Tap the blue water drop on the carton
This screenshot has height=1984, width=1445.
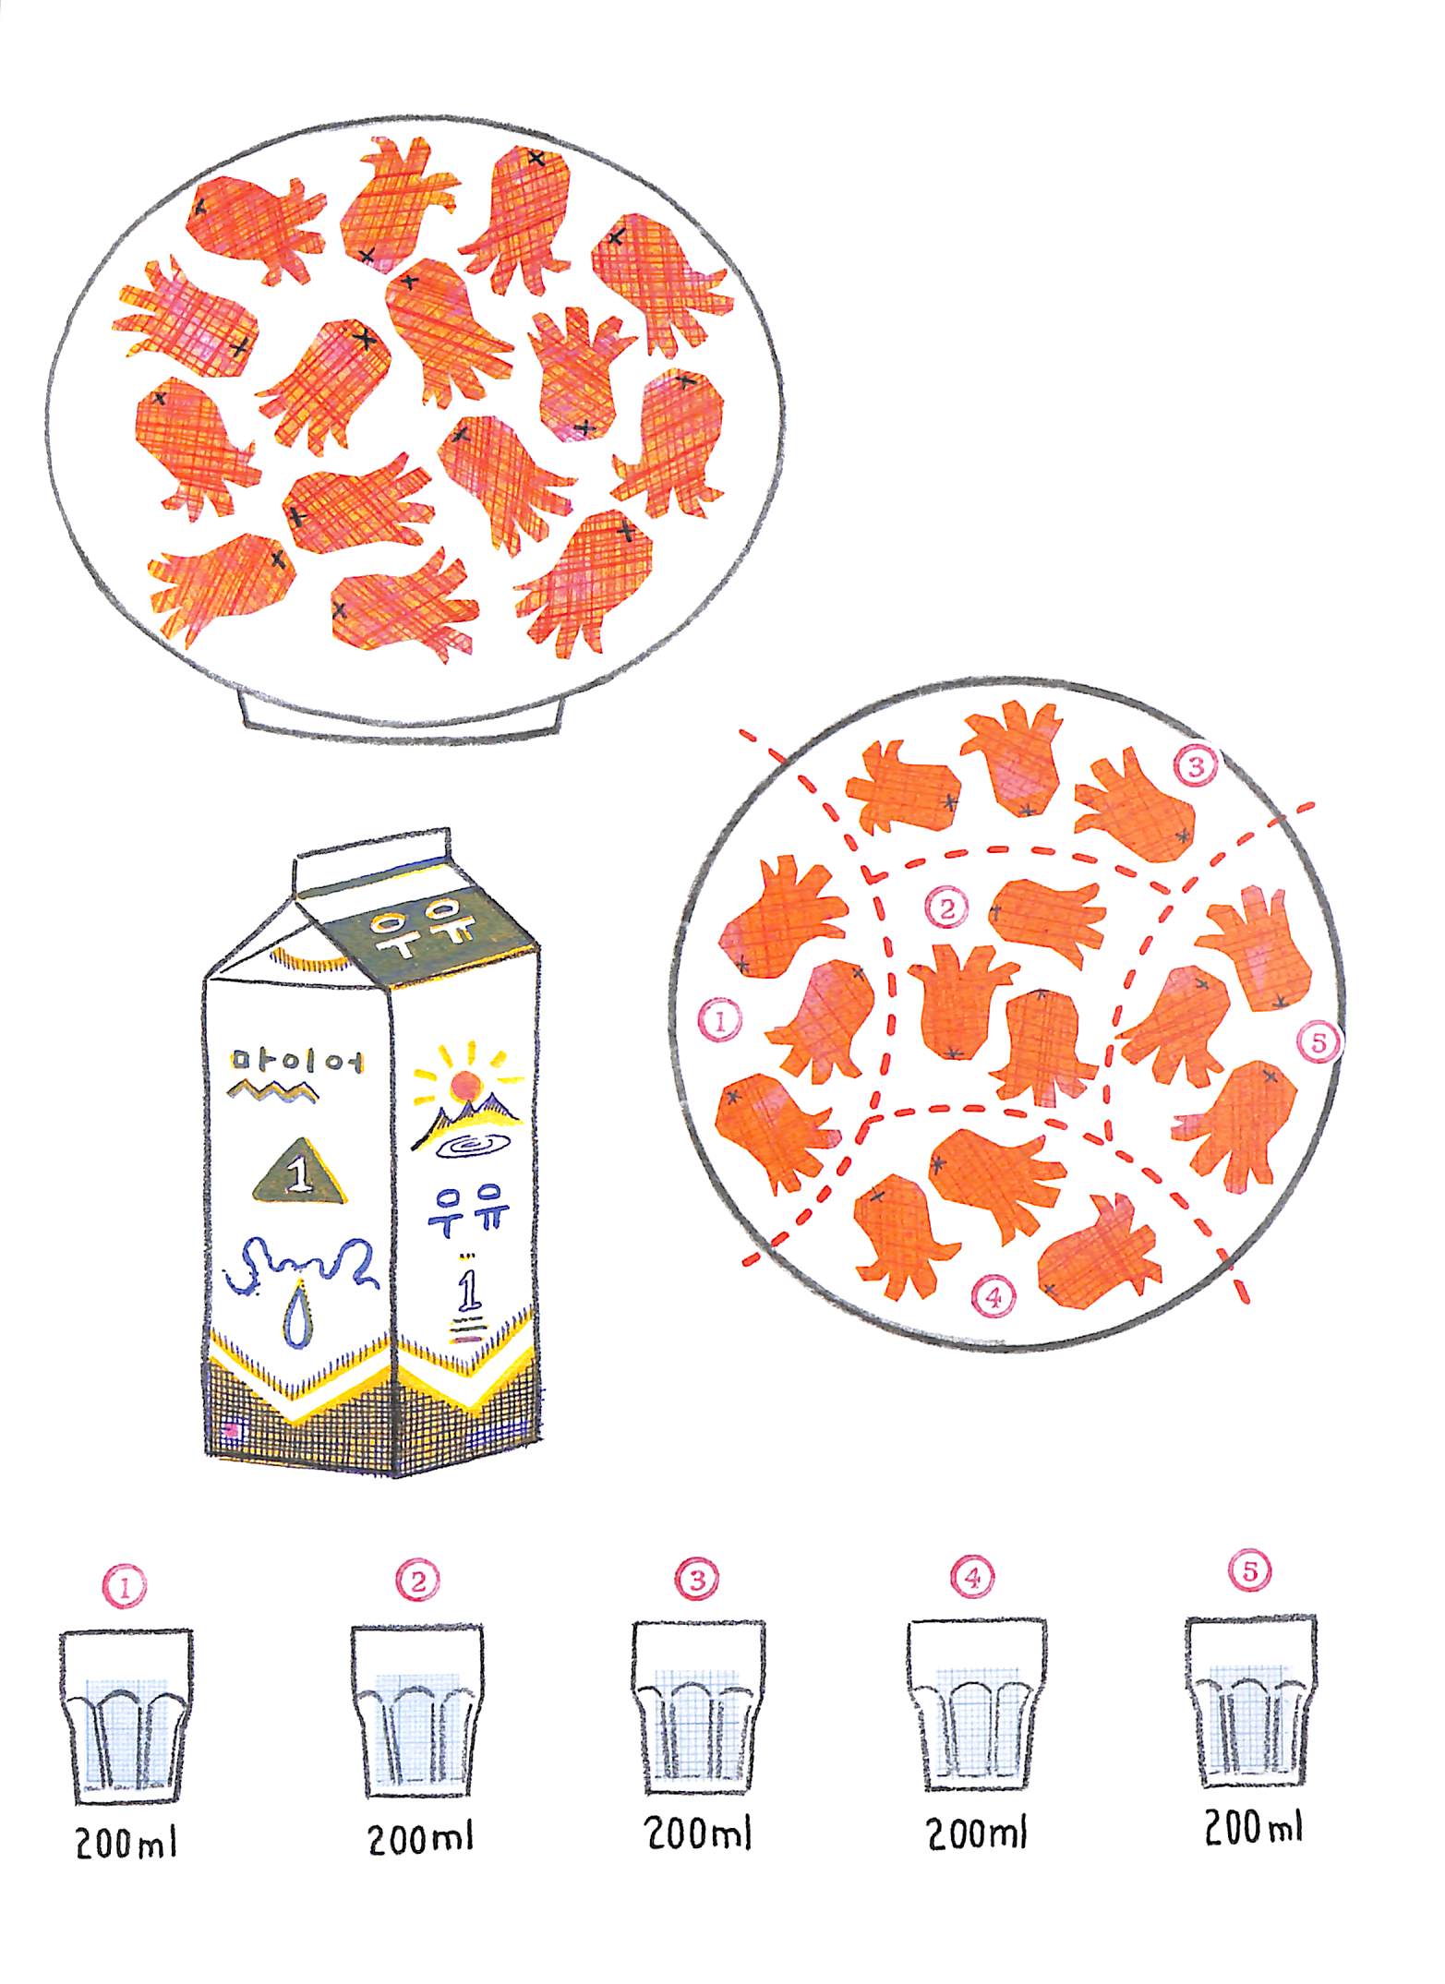295,1315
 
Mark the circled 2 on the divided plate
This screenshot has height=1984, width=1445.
946,908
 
